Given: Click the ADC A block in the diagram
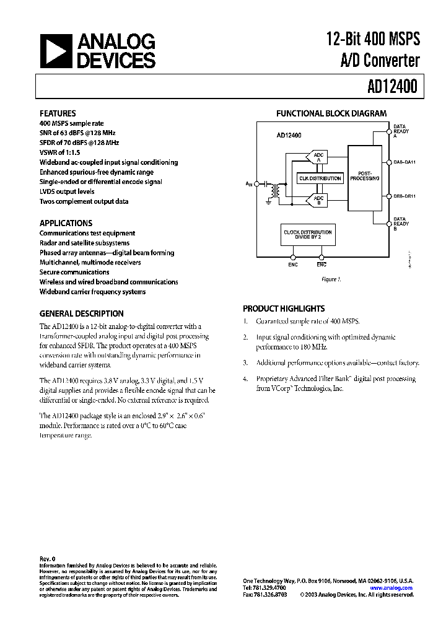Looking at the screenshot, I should click(x=318, y=157).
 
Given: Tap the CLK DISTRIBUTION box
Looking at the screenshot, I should click(x=320, y=178).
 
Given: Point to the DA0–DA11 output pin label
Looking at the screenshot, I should click(x=406, y=162).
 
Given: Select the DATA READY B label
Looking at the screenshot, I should click(x=401, y=223).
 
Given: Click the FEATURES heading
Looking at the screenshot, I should click(x=58, y=113).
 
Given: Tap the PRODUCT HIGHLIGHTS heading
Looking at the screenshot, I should click(x=284, y=308).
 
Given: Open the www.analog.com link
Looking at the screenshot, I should click(x=395, y=588).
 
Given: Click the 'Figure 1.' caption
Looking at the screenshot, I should click(x=331, y=279).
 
